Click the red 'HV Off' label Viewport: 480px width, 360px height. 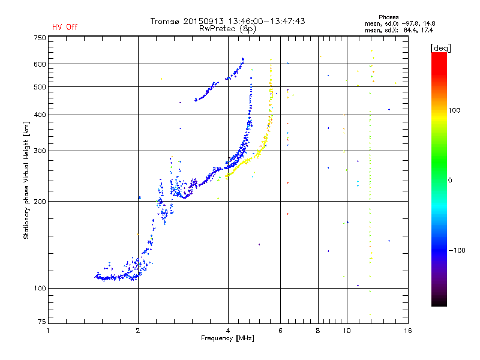[x=65, y=27]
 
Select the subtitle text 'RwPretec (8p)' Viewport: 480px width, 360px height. [x=227, y=29]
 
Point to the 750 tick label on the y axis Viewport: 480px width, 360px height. [x=40, y=38]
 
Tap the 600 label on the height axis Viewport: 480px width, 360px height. [x=40, y=64]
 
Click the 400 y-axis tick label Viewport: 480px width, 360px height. [x=40, y=115]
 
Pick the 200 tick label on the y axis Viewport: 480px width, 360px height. [x=40, y=202]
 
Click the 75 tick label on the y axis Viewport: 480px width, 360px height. [x=42, y=322]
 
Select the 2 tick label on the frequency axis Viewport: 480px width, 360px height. [x=138, y=331]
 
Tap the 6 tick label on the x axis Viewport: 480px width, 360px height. [x=280, y=331]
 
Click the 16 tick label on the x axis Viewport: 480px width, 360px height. [x=408, y=331]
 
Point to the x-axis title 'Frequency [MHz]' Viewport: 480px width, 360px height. [x=227, y=338]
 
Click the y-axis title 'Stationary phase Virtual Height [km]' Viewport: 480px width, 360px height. [x=26, y=181]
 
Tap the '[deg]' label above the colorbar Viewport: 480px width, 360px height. [x=441, y=48]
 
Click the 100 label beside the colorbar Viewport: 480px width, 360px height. [x=454, y=110]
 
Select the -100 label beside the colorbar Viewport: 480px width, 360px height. [x=457, y=250]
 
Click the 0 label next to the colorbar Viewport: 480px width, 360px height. [x=450, y=181]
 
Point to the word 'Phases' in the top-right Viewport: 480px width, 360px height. [x=388, y=17]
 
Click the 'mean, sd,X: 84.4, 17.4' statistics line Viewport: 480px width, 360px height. [x=399, y=31]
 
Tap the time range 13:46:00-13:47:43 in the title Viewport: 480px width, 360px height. [x=266, y=21]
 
